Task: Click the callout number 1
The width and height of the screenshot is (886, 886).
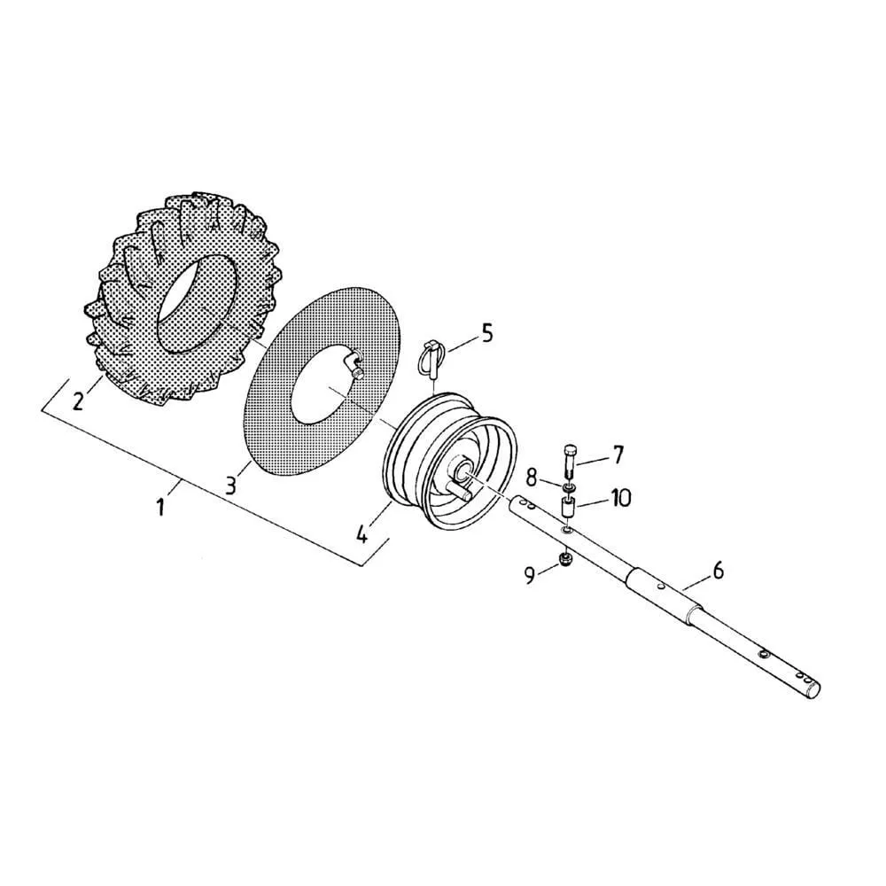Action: [x=161, y=506]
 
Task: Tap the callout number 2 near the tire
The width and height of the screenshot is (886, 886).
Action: [x=78, y=400]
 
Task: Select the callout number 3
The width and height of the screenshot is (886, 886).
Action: [x=230, y=486]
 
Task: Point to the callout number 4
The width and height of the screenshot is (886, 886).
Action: [x=362, y=533]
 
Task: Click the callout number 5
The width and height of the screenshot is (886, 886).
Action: [x=486, y=333]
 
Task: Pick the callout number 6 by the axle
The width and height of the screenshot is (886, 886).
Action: [x=718, y=571]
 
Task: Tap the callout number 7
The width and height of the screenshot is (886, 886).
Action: [x=617, y=455]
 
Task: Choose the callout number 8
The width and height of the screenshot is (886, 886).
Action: [x=532, y=478]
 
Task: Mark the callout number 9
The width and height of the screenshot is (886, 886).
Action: [x=530, y=575]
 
